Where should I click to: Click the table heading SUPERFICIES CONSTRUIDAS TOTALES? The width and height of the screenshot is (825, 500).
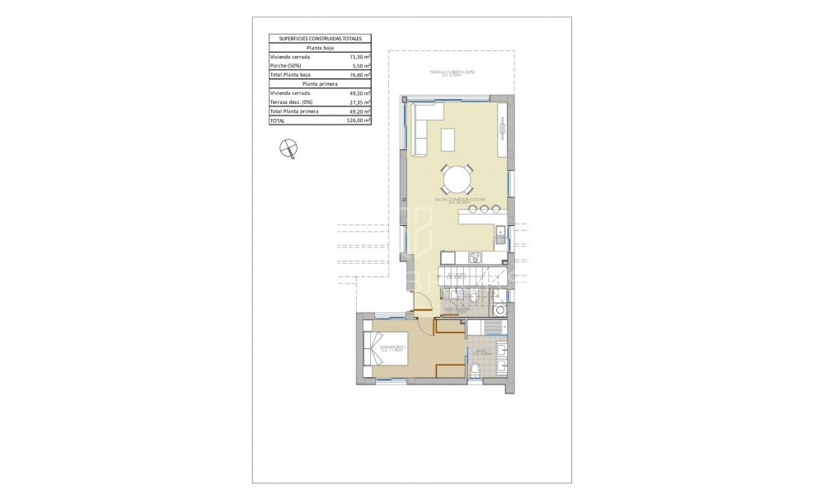(320, 39)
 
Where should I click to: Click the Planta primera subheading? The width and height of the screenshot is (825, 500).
(320, 84)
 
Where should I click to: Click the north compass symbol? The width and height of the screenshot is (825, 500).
(288, 149)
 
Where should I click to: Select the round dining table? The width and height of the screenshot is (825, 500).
(457, 179)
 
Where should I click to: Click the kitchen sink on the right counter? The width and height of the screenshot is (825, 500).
(502, 232)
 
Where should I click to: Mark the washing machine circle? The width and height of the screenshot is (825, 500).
(500, 310)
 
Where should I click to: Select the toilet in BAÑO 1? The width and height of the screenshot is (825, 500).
(476, 368)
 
